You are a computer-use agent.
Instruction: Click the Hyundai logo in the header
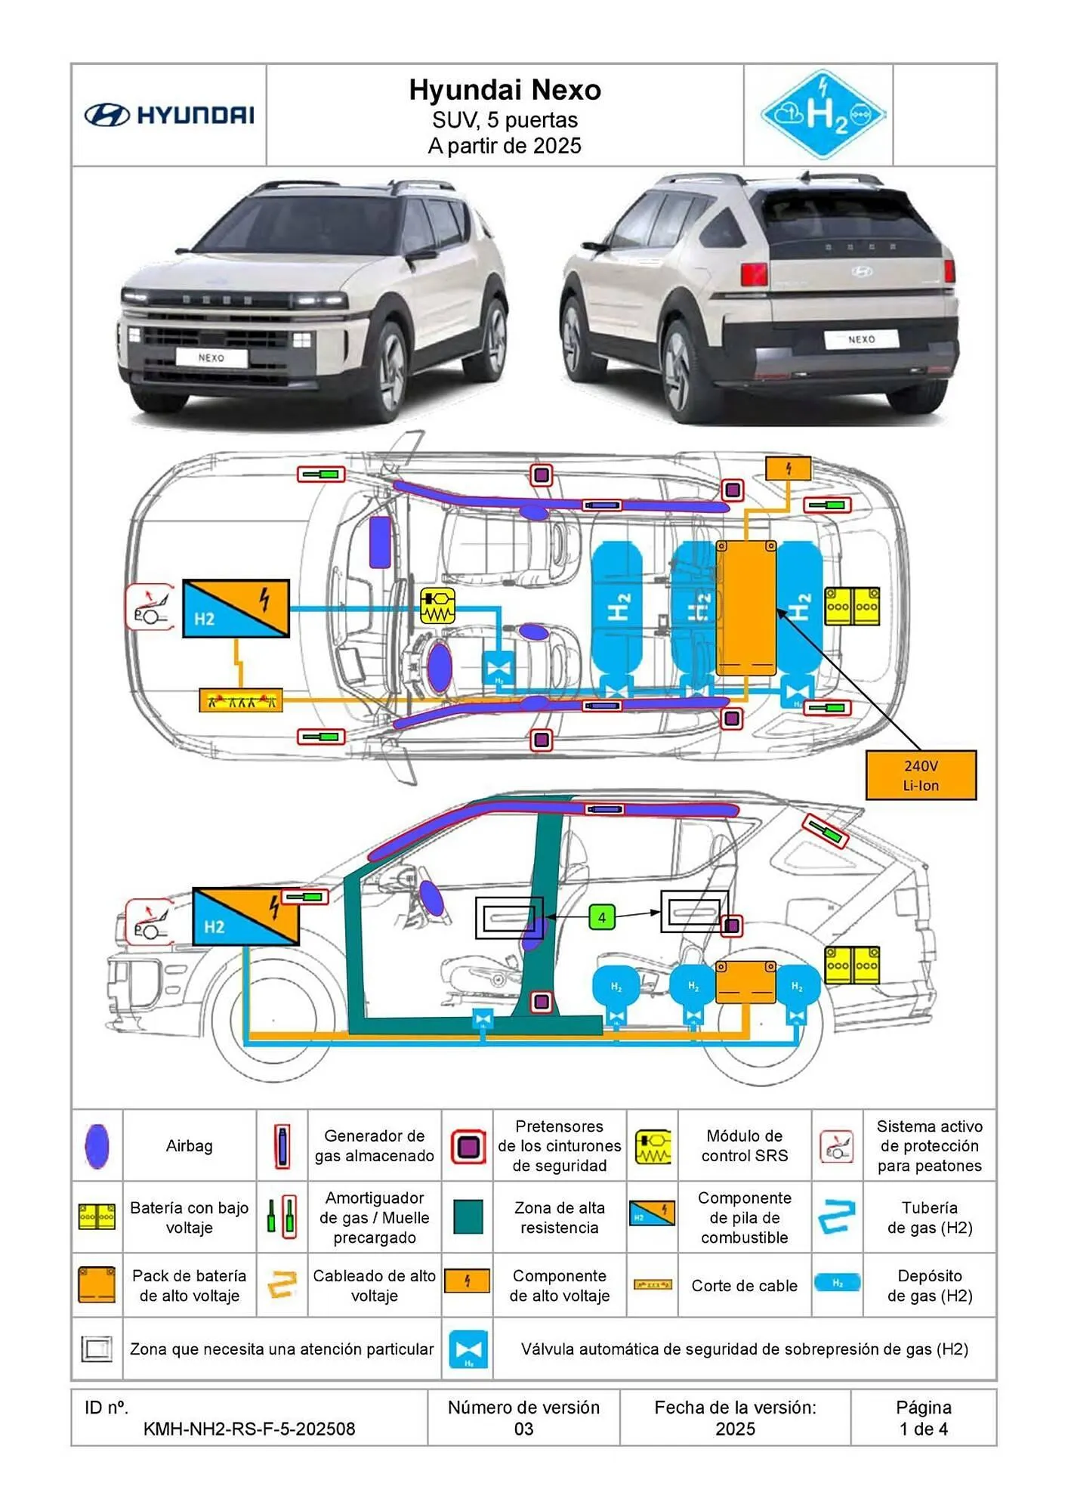tap(168, 115)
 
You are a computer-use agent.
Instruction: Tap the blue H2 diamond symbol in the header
tap(823, 115)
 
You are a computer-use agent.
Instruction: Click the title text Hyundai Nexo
tap(505, 90)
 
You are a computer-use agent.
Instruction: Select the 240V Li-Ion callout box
tap(920, 775)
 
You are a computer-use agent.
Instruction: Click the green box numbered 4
tap(602, 917)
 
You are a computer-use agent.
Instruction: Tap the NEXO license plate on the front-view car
tap(211, 357)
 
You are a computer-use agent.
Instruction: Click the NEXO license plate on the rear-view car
tap(860, 339)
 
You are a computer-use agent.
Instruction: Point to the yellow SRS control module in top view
tap(437, 606)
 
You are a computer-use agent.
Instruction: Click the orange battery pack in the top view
tap(745, 607)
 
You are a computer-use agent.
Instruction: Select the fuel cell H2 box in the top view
tap(236, 608)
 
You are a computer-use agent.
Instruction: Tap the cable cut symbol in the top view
tap(241, 700)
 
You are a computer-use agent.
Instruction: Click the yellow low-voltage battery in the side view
tap(851, 965)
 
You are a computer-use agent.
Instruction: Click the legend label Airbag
tap(189, 1146)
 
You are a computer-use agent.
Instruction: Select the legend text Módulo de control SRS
tap(744, 1146)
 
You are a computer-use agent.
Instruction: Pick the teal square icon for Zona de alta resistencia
tap(468, 1217)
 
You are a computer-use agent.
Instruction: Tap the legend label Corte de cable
tap(744, 1286)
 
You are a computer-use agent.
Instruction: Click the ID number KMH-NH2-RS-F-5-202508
tap(249, 1429)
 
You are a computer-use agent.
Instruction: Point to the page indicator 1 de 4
tap(923, 1429)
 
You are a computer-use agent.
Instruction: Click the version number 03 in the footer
tap(523, 1429)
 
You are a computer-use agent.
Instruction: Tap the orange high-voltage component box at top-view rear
tap(788, 468)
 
